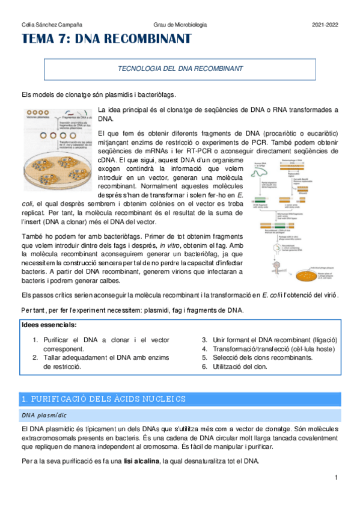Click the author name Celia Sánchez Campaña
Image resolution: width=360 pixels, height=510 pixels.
tap(52, 25)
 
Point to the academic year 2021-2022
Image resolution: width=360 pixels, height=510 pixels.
tap(325, 25)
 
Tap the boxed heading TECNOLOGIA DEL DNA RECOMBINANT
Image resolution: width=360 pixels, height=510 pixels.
tap(180, 69)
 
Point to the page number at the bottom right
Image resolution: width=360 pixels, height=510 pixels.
tap(337, 478)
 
